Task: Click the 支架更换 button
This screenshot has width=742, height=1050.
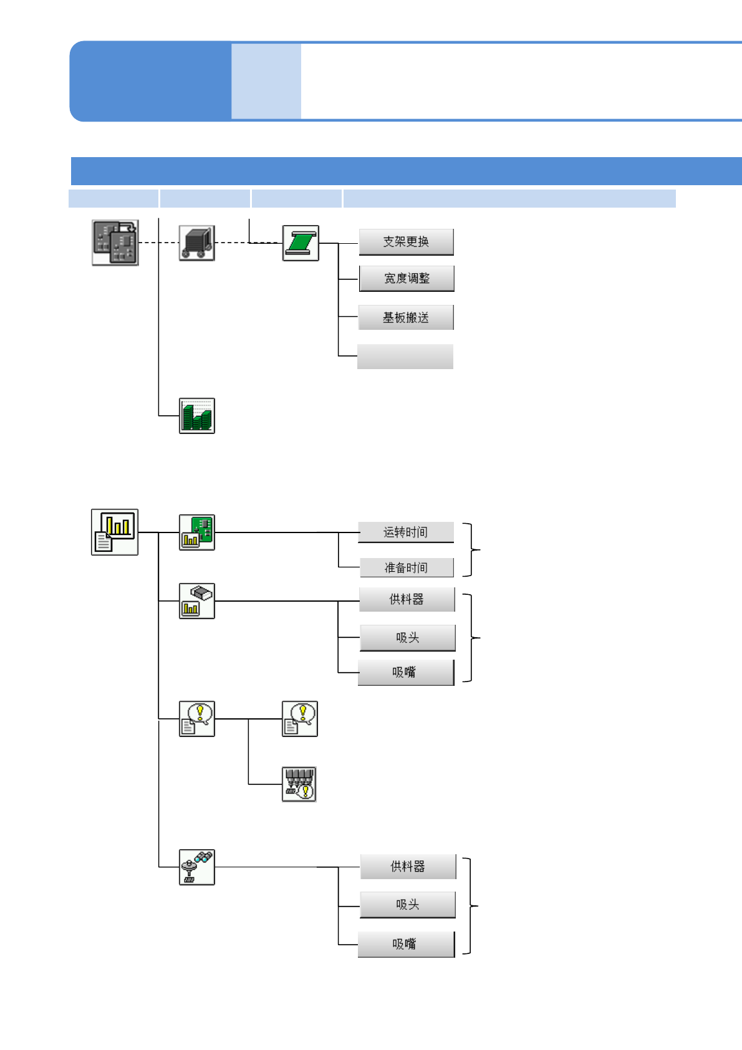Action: tap(406, 242)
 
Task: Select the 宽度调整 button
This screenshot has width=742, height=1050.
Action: tap(407, 279)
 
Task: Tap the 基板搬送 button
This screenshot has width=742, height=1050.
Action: tap(406, 317)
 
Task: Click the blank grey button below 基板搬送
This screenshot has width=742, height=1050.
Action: tap(405, 356)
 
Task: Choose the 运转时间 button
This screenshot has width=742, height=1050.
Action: tap(406, 532)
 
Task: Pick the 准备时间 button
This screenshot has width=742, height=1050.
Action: tap(407, 567)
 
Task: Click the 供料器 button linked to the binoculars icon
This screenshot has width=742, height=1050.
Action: tap(408, 866)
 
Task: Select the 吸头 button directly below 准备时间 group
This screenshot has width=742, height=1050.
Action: tap(407, 637)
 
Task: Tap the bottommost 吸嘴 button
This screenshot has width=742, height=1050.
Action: tap(406, 943)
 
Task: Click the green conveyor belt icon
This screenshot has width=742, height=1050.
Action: tap(301, 243)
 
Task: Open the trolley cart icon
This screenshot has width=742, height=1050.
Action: tap(197, 243)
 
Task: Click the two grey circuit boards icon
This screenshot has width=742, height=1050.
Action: tap(115, 243)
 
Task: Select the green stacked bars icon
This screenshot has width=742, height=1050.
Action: tap(197, 416)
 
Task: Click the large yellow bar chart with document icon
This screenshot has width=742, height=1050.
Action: tap(115, 532)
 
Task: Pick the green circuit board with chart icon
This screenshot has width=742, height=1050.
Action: tap(197, 532)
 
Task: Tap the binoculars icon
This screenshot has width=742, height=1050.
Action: tap(197, 867)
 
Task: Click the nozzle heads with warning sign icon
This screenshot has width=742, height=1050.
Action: tap(299, 784)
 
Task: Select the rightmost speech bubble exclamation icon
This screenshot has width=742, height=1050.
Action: tap(299, 718)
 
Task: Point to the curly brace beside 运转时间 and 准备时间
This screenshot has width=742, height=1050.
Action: tap(471, 549)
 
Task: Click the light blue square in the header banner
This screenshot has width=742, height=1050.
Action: tap(266, 81)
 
